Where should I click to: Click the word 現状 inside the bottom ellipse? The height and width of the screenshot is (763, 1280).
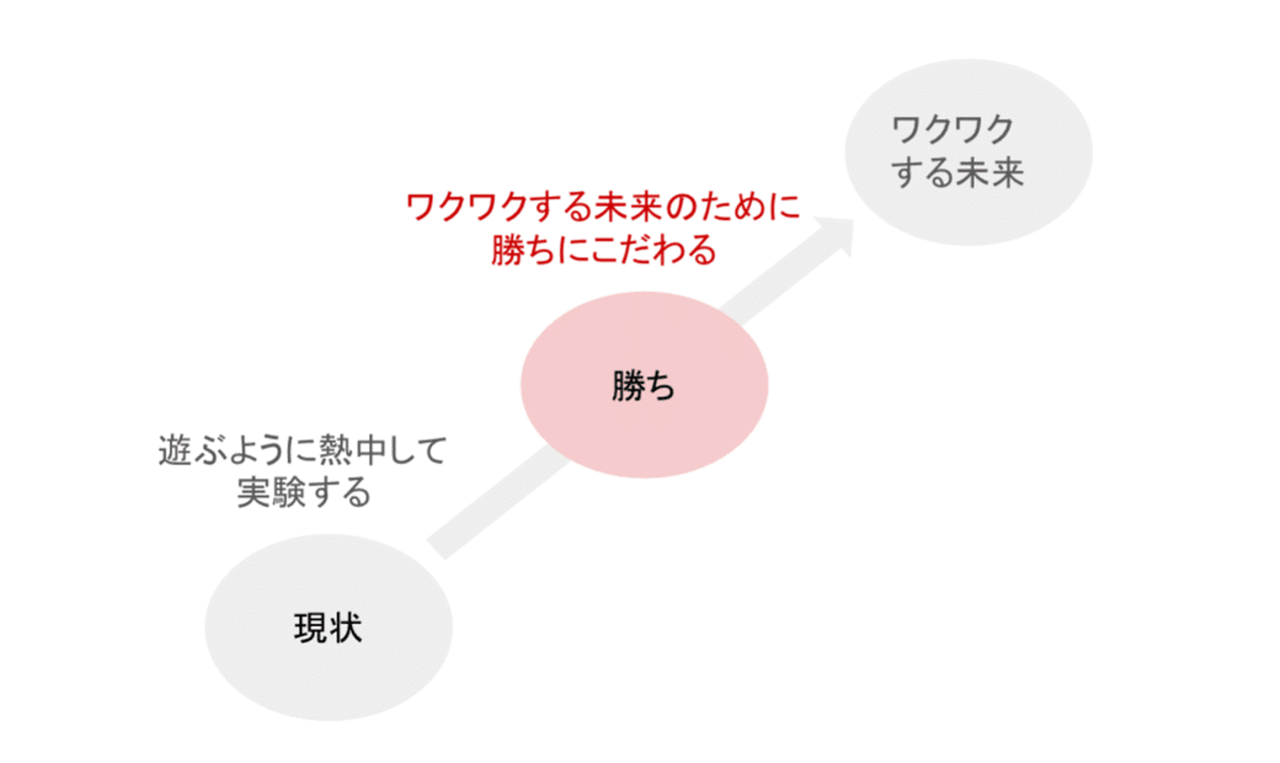pyautogui.click(x=328, y=629)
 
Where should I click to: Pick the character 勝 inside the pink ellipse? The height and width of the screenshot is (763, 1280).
pyautogui.click(x=628, y=386)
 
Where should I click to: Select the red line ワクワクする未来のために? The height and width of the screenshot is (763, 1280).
pyautogui.click(x=603, y=207)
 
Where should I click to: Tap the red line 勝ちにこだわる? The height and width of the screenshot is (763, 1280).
pyautogui.click(x=603, y=250)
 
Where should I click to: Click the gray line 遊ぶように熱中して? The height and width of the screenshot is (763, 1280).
pyautogui.click(x=302, y=450)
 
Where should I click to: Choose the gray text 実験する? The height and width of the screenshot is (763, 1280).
pyautogui.click(x=304, y=492)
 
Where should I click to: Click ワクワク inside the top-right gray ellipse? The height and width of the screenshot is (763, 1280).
pyautogui.click(x=952, y=130)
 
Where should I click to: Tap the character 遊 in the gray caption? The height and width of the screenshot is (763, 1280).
pyautogui.click(x=174, y=450)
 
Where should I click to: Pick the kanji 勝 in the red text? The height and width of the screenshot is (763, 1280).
pyautogui.click(x=508, y=250)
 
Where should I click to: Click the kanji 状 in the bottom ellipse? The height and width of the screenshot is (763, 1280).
pyautogui.click(x=345, y=629)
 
